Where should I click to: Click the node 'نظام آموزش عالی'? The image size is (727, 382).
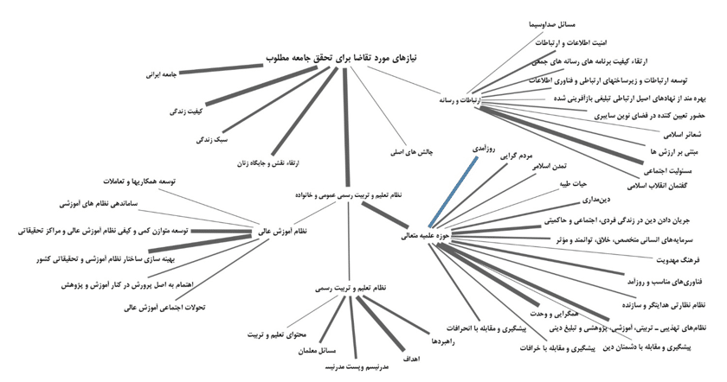[282, 232]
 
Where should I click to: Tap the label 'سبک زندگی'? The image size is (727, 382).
[212, 138]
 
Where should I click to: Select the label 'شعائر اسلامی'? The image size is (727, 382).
[683, 135]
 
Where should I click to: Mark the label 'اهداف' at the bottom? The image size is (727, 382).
[410, 356]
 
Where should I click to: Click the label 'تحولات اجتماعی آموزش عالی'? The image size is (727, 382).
[165, 306]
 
